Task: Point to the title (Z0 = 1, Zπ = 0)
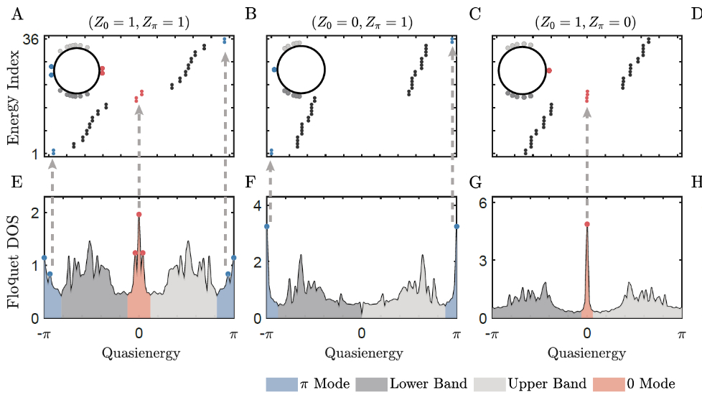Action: point(586,22)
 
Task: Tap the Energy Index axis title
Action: point(14,98)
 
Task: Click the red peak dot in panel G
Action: point(587,224)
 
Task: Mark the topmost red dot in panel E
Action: point(139,215)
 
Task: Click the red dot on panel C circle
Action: point(549,70)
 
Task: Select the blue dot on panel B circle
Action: point(276,70)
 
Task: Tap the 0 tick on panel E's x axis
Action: point(139,333)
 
